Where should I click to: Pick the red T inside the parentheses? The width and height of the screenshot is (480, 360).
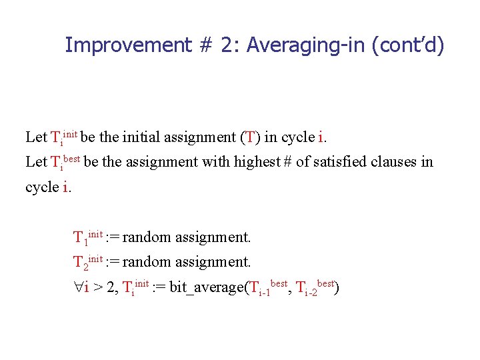[x=249, y=137]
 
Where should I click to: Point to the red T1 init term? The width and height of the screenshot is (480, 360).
[x=87, y=236]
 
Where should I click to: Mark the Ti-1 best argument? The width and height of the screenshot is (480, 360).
[x=268, y=287]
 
